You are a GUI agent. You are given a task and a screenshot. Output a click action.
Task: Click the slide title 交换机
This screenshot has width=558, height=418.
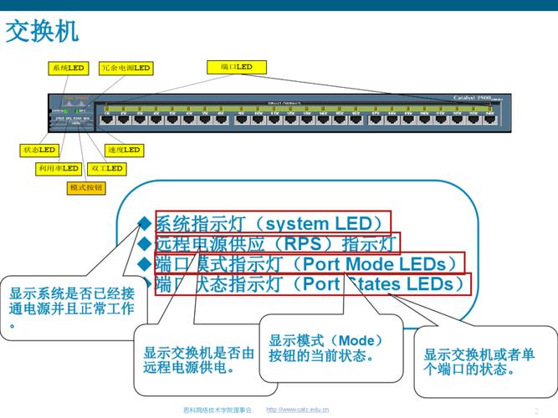(x=43, y=32)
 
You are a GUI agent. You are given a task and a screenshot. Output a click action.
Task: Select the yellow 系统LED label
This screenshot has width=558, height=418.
(x=68, y=68)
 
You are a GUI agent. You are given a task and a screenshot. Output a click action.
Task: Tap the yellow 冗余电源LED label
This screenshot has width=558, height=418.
(x=125, y=68)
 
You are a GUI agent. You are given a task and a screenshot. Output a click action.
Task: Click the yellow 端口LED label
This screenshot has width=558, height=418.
(x=236, y=67)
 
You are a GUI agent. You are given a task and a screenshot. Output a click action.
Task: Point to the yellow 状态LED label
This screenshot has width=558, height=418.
(x=38, y=150)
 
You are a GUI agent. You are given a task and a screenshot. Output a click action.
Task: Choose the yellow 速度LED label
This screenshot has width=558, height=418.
(x=124, y=150)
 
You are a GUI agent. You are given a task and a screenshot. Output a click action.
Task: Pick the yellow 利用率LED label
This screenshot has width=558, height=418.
(x=58, y=168)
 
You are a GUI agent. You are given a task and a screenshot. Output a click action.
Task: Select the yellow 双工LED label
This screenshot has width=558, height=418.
(x=106, y=168)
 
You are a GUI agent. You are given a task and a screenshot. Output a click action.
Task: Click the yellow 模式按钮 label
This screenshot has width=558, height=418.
(x=86, y=188)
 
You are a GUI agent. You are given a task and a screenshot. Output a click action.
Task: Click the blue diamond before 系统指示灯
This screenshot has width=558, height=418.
(x=144, y=223)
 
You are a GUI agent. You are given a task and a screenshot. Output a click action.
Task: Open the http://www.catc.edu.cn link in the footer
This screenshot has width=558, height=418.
(x=297, y=410)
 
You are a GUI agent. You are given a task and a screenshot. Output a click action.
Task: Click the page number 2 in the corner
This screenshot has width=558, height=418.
(x=536, y=410)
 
